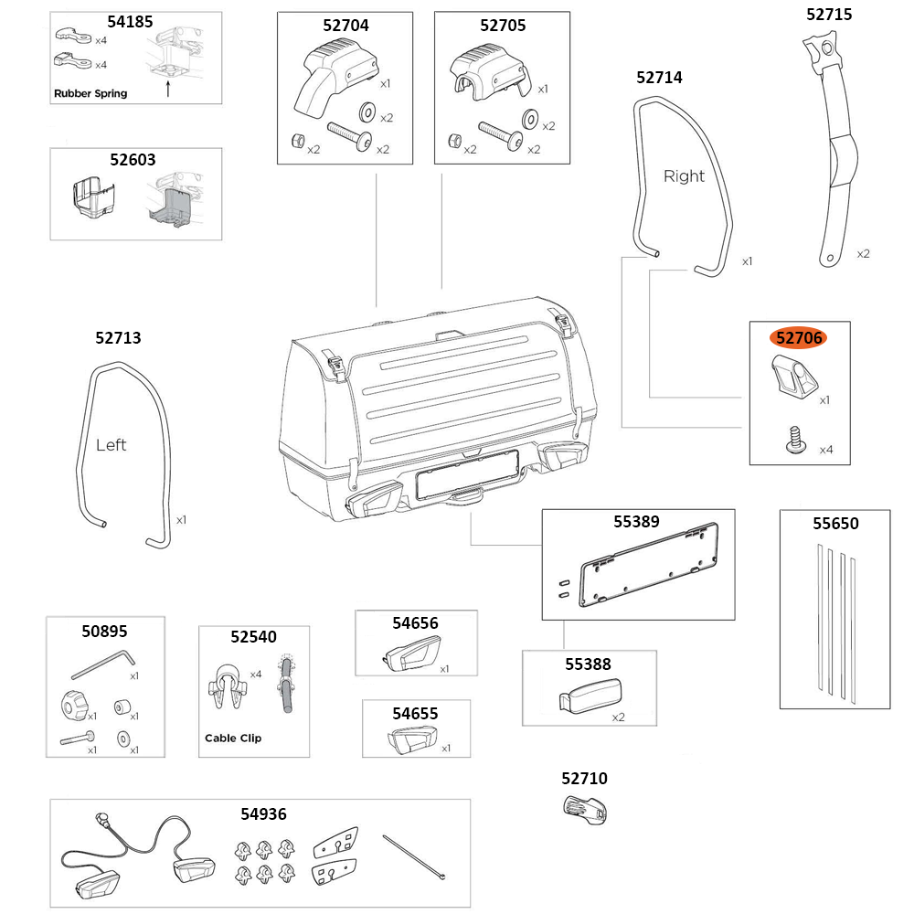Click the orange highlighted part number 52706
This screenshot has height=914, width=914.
pos(799,337)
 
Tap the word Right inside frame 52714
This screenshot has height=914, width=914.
pos(684,176)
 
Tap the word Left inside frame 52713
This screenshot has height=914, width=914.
pos(111,445)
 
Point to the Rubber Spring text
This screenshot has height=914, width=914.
pos(90,93)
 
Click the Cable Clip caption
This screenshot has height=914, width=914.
pos(232,738)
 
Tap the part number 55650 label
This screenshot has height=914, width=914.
pos(835,524)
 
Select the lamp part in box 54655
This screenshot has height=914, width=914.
pos(412,739)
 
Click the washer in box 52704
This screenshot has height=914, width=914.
pos(369,112)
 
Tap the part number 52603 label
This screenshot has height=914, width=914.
pos(133,159)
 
